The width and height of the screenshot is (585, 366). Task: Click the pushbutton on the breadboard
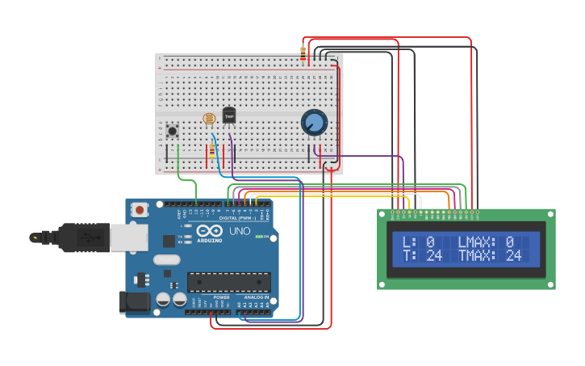tap(172, 130)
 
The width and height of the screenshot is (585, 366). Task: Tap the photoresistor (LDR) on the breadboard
tap(210, 117)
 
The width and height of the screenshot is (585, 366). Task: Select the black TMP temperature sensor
tap(229, 116)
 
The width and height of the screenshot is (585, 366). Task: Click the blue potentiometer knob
tap(314, 123)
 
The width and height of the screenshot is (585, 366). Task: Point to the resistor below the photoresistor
tap(212, 151)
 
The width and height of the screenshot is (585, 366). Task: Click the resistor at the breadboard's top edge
tap(303, 54)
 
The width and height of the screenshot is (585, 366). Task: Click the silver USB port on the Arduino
tap(129, 238)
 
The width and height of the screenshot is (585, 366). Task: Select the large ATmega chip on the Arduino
tap(229, 281)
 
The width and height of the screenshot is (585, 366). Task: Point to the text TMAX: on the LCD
tap(477, 256)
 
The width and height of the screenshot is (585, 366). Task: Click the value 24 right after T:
tap(434, 256)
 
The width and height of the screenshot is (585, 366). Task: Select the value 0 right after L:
tap(430, 242)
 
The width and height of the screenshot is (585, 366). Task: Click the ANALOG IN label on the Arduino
tap(256, 297)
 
